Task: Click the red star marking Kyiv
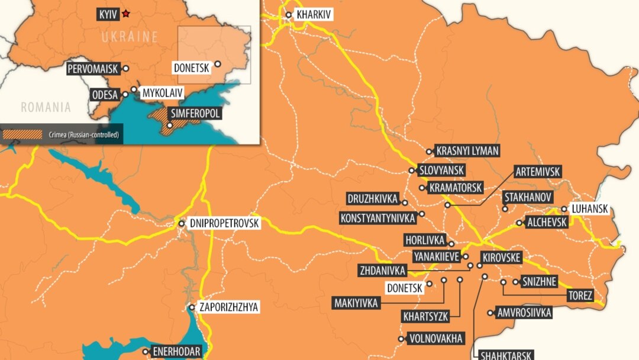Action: (125, 13)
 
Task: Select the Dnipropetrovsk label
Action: (225, 224)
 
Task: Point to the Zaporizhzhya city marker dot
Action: (192, 307)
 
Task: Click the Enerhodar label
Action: (176, 351)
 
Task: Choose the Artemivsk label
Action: (537, 172)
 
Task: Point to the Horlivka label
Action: (425, 240)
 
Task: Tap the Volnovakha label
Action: (435, 339)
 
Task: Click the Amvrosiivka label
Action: (524, 312)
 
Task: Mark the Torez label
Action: (579, 296)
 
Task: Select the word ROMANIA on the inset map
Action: (46, 107)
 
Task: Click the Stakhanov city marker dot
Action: (505, 208)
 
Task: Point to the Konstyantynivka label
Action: (377, 218)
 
